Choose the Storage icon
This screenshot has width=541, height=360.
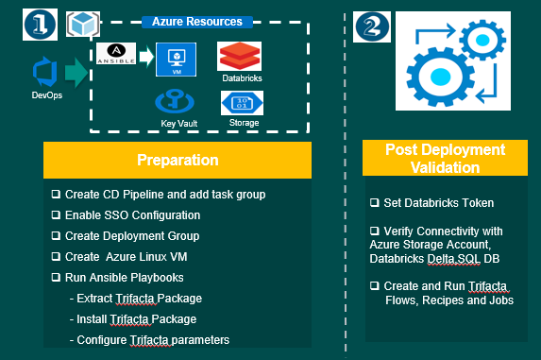(242, 102)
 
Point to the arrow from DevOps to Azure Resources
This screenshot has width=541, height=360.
(76, 73)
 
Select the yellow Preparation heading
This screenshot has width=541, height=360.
(178, 160)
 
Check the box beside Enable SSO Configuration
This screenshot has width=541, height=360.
(56, 215)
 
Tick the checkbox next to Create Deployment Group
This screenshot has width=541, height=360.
(56, 236)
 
